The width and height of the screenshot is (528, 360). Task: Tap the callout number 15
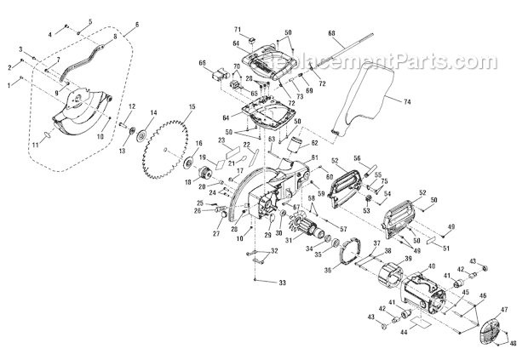click(x=192, y=106)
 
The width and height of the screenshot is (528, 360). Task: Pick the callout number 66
click(x=203, y=62)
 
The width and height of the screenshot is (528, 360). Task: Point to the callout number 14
click(x=153, y=113)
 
